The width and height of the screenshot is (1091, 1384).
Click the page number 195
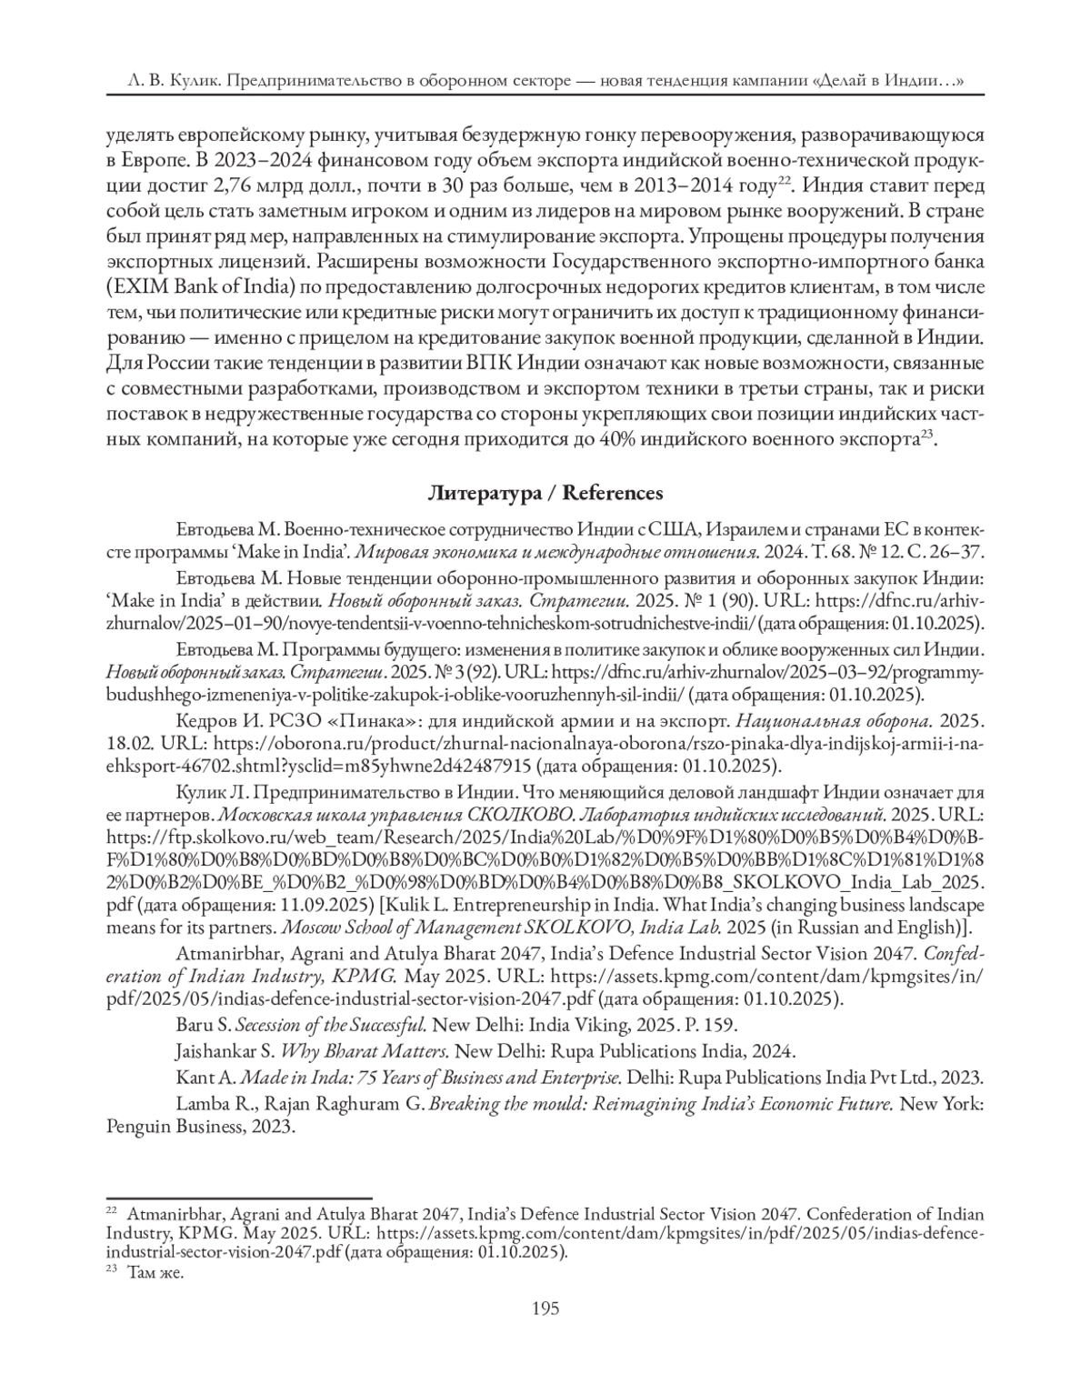[545, 1309]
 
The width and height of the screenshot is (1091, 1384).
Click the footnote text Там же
[155, 1273]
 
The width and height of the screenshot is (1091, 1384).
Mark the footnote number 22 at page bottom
[113, 1211]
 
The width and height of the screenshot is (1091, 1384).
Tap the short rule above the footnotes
[239, 1199]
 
